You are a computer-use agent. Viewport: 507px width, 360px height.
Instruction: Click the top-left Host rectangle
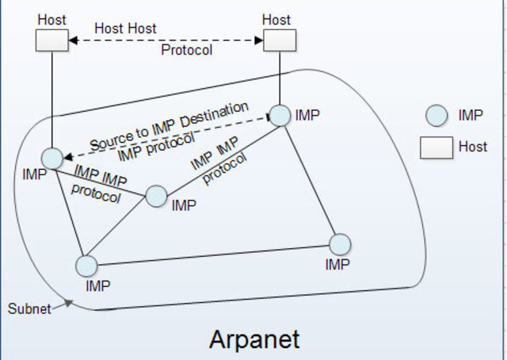(x=52, y=40)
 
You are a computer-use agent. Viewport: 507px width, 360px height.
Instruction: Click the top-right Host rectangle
(x=279, y=40)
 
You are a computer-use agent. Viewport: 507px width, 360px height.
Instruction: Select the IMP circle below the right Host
(x=280, y=116)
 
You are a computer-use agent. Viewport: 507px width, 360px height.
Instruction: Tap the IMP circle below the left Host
(x=52, y=157)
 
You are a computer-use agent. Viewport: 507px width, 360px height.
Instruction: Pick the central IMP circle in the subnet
(x=156, y=196)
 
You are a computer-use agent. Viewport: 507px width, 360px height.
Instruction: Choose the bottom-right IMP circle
(x=339, y=244)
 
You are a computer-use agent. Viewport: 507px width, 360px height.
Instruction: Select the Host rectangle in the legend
(x=436, y=147)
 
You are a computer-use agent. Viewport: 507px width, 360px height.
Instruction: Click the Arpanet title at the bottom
(x=254, y=339)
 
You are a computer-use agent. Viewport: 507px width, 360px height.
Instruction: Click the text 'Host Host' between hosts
(x=125, y=28)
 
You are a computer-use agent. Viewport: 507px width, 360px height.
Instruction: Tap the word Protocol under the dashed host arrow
(x=186, y=49)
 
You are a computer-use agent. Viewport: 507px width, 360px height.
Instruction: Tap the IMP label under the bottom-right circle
(x=337, y=265)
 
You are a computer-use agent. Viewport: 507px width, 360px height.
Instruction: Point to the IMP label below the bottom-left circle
(x=99, y=285)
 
